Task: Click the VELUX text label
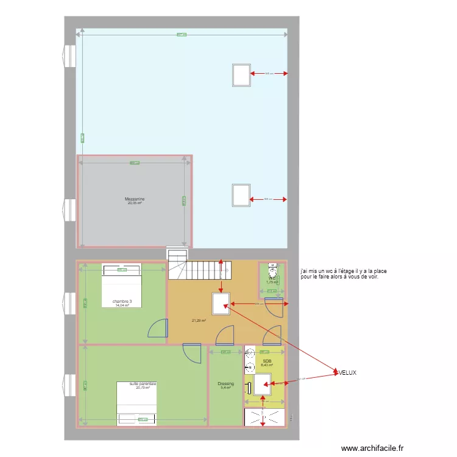tap(347, 372)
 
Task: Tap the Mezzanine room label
tap(135, 199)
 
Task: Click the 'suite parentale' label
tap(143, 384)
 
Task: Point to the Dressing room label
tap(225, 384)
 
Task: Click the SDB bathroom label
tap(267, 361)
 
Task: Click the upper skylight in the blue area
tap(241, 75)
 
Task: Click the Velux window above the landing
tap(221, 303)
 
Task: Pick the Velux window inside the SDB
tap(263, 382)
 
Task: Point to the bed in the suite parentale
tap(137, 403)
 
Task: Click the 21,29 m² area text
tap(199, 321)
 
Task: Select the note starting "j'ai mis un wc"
tap(344, 274)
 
